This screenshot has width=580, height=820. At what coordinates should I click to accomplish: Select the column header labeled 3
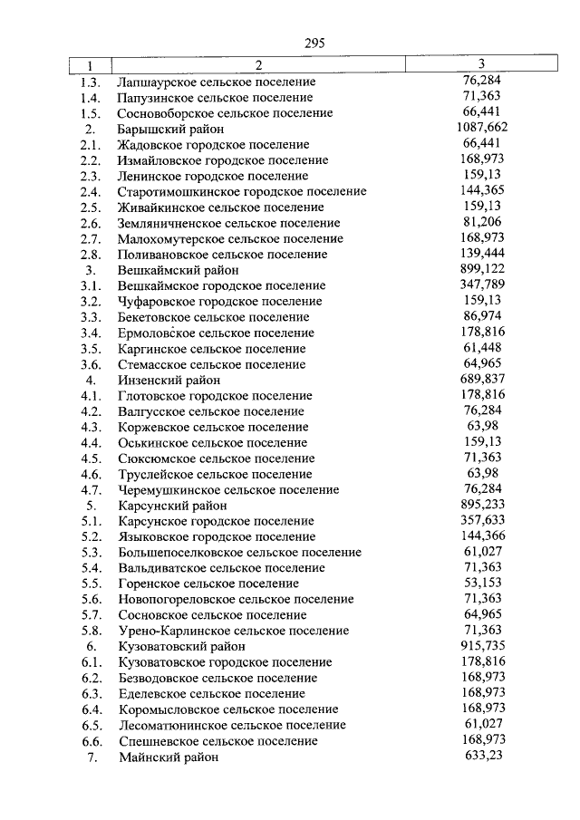click(x=481, y=64)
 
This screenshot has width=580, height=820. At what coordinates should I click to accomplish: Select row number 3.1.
click(x=89, y=286)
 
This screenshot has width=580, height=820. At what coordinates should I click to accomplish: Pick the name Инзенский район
click(x=169, y=381)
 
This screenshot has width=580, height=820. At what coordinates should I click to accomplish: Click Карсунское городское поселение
click(x=216, y=522)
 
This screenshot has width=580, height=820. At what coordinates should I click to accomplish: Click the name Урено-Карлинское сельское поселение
click(x=233, y=632)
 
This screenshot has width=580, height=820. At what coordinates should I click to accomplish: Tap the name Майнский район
click(x=169, y=757)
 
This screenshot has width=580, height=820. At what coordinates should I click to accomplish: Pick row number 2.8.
click(x=89, y=255)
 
